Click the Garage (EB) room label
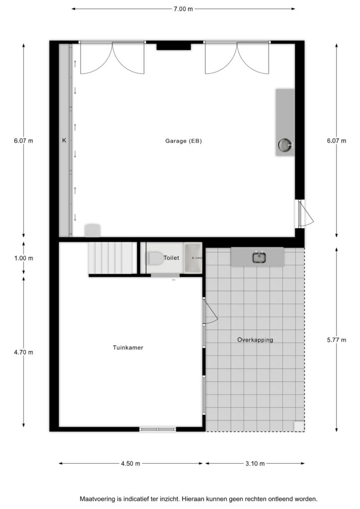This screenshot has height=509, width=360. coord(183,141)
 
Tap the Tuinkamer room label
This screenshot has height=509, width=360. coord(128,347)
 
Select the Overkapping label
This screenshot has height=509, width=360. coord(255,340)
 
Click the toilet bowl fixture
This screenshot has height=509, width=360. coord(156,258)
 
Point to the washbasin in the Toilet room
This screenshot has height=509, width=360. coord(193,258)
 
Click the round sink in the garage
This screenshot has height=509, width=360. coord(285,145)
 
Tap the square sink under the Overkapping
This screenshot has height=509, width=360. coord(259,257)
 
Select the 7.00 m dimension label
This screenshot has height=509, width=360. coord(183,9)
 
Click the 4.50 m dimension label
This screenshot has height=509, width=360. coord(130,464)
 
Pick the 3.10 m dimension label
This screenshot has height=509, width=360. coord(255,464)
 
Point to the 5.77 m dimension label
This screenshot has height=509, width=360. coord(337,340)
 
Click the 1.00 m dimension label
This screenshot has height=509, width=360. coord(24,258)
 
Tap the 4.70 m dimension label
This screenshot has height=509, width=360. coord(24,352)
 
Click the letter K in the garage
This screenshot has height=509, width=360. coord(64,141)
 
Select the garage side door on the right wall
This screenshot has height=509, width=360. coord(305,213)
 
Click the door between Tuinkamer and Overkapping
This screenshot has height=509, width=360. coord(210,311)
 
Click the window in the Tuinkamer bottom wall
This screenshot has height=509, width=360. coord(158,429)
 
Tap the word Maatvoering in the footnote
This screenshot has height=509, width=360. coord(97,499)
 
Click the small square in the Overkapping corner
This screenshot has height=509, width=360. coord(299,426)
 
